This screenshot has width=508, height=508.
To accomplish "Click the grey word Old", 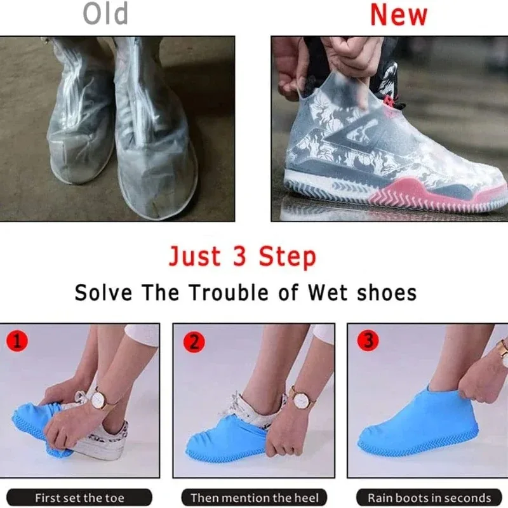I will tap(106, 15).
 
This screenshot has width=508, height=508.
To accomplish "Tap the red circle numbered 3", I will tap(368, 341).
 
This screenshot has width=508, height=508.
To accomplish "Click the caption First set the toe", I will tap(79, 497).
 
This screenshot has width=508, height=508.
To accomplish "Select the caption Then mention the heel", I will tap(255, 497).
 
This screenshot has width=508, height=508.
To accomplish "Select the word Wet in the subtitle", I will tap(328, 293).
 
